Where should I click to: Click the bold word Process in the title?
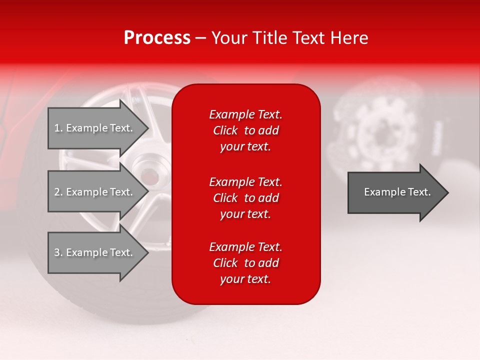tap(157, 38)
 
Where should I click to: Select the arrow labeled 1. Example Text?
tap(95, 128)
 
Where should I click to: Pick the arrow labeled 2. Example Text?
tap(95, 192)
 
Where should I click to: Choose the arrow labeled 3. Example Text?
tap(95, 252)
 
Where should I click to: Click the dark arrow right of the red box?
tap(395, 192)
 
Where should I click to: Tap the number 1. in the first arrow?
tap(58, 128)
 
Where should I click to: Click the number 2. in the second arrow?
tap(58, 192)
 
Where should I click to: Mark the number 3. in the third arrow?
tap(58, 252)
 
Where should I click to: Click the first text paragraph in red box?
tap(245, 130)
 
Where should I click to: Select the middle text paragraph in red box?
tap(245, 198)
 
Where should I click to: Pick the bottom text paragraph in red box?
tap(245, 263)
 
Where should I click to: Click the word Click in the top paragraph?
tap(225, 130)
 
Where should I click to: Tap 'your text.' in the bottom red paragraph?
tap(245, 279)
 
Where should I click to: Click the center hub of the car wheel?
tap(148, 176)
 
